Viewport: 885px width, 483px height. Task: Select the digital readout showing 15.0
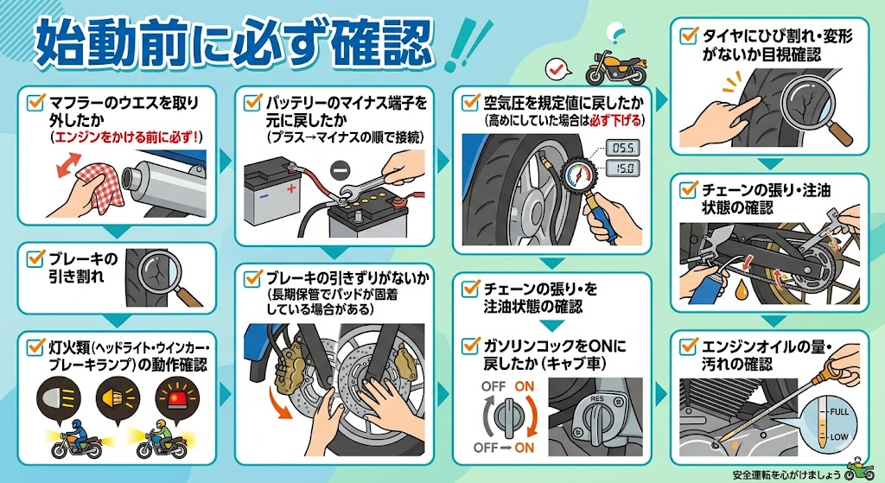coord(623,168)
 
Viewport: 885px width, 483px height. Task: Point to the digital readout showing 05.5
coord(623,148)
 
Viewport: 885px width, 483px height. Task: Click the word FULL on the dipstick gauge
coord(839,412)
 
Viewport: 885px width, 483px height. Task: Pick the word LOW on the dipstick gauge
coord(839,436)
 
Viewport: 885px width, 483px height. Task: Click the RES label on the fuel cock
coord(597,399)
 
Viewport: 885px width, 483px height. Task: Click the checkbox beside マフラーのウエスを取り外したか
coord(36,102)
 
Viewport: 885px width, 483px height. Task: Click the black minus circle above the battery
coord(340,168)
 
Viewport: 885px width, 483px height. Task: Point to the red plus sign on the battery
coord(291,187)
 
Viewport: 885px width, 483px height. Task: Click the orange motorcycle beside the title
coord(615,67)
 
